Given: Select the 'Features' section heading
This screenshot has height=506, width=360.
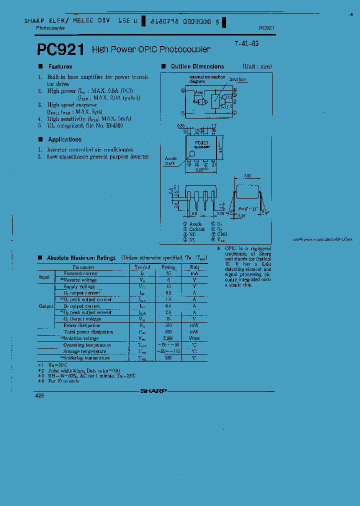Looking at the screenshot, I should click(x=60, y=66).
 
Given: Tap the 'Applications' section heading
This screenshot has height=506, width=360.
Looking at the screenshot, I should click(x=64, y=139).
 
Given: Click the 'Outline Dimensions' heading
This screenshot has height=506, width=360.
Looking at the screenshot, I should click(x=197, y=66).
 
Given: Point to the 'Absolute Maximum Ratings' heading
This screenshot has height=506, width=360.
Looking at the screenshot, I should click(x=81, y=258).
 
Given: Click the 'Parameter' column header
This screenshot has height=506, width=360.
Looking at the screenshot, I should click(x=83, y=267).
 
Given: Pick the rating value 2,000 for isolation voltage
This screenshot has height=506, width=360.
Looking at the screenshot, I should click(x=168, y=338).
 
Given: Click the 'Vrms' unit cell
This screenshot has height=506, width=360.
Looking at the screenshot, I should click(x=194, y=338).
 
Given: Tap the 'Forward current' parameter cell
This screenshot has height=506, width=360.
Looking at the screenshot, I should click(x=80, y=273).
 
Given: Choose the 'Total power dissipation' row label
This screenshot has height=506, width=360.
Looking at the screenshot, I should click(x=88, y=332).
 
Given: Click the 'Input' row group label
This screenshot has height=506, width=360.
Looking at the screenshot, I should click(x=44, y=276).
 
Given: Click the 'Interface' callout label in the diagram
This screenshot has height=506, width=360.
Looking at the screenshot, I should click(x=237, y=79).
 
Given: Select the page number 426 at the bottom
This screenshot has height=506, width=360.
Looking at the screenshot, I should click(x=39, y=395).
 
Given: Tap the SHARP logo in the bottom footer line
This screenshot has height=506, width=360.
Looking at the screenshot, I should click(x=153, y=391).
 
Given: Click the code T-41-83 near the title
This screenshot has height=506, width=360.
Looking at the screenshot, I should click(x=246, y=43).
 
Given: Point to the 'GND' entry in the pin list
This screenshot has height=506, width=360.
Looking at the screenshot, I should click(x=222, y=234).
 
